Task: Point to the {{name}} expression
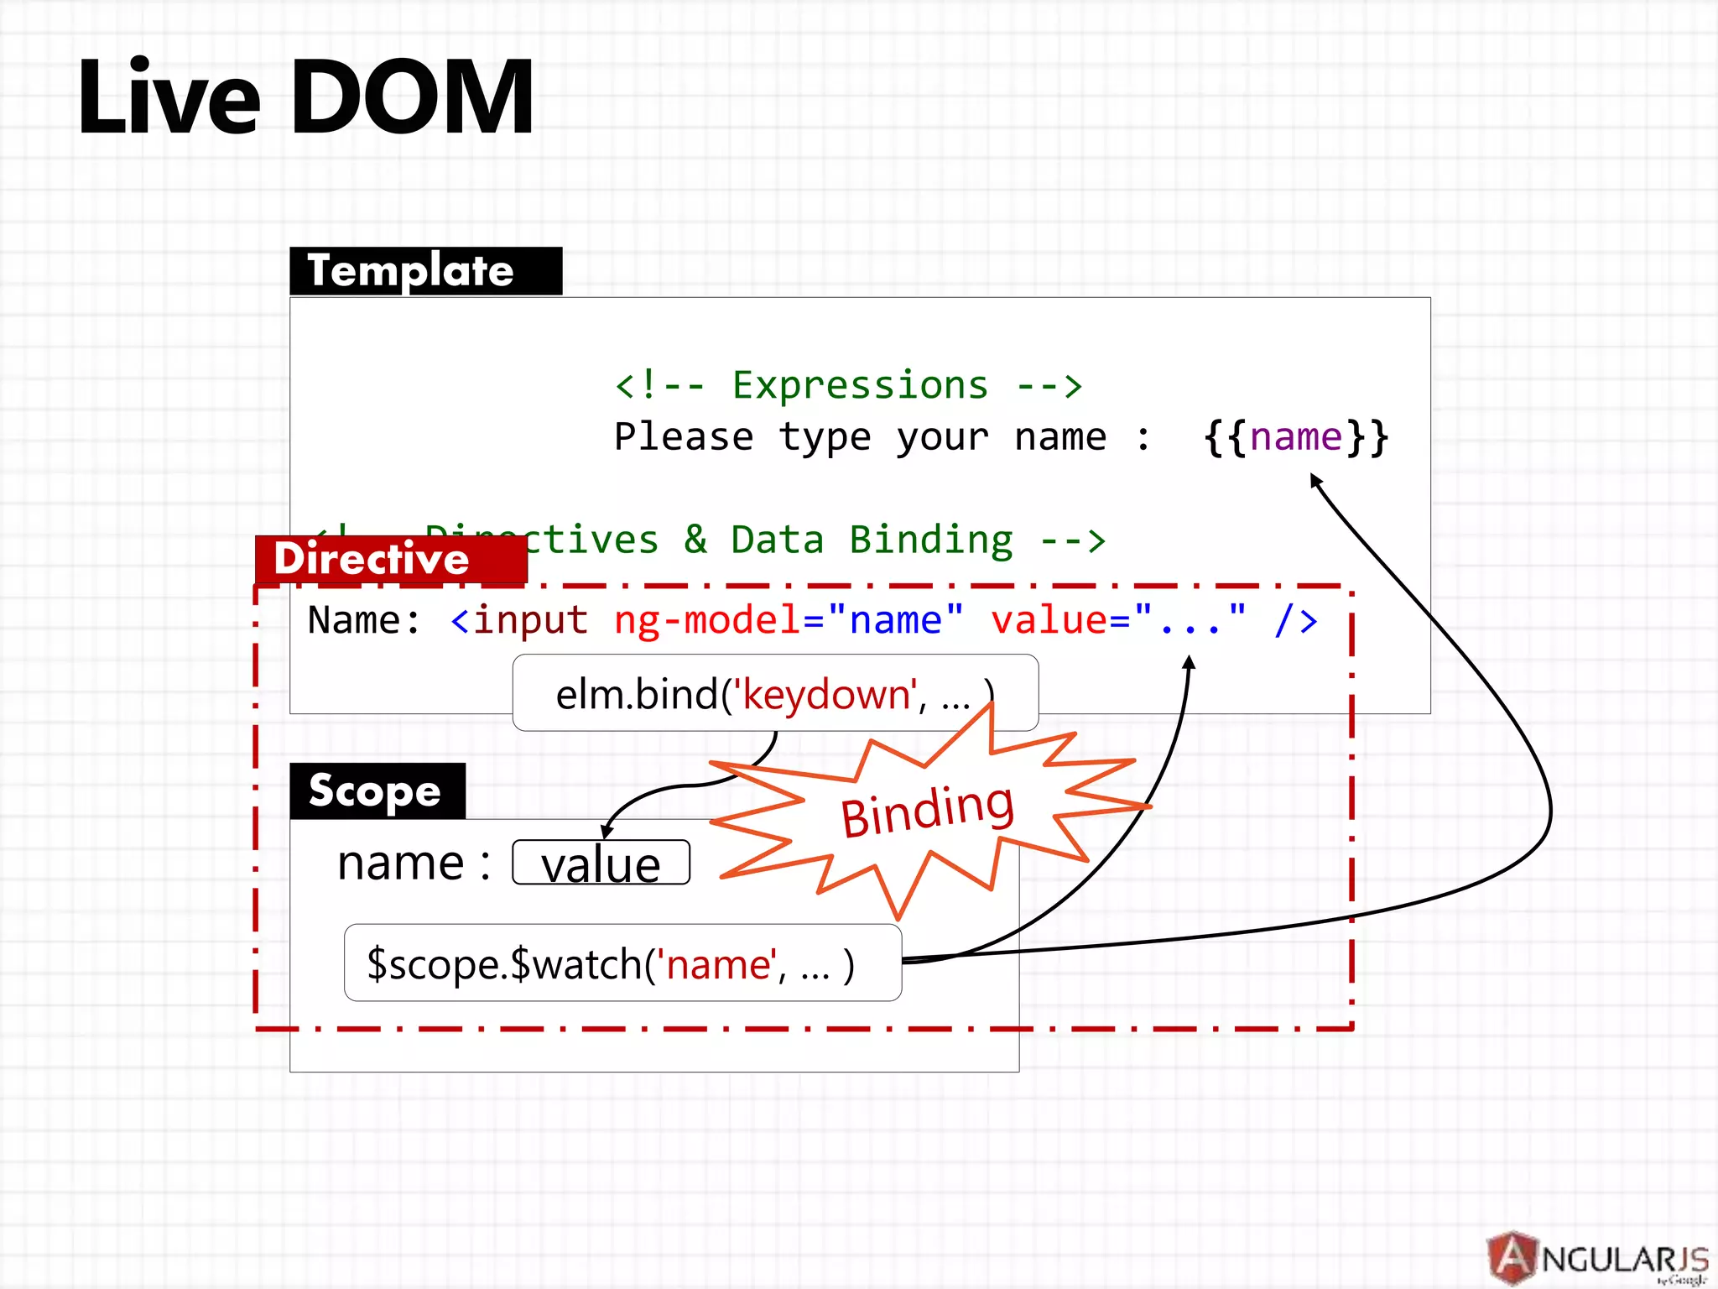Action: [1296, 437]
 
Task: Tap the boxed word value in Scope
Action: [601, 863]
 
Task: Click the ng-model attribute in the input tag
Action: [707, 620]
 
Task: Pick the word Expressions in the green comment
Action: [860, 385]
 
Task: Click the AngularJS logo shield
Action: [1512, 1258]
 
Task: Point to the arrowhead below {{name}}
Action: [1315, 480]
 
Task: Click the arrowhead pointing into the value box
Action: [607, 831]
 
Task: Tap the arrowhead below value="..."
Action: [1189, 662]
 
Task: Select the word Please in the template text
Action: [684, 437]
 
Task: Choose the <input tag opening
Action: [519, 620]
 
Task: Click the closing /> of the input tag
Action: [1296, 620]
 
